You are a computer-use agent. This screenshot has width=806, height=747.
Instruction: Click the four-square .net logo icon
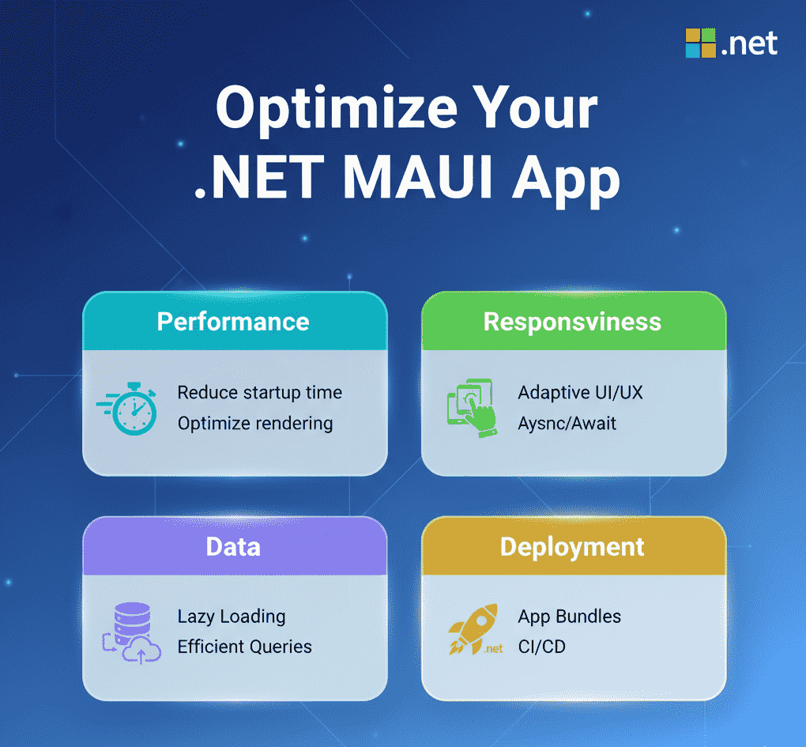[x=701, y=43]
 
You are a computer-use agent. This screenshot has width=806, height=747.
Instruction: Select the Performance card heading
[x=233, y=322]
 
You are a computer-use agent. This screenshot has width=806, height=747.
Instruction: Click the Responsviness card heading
[x=572, y=323]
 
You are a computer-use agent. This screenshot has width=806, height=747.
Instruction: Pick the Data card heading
[x=233, y=546]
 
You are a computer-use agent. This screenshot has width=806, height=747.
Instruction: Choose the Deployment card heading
[x=572, y=547]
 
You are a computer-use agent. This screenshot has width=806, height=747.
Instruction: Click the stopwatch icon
[x=127, y=408]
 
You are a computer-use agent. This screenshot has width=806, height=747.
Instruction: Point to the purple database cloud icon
[x=132, y=633]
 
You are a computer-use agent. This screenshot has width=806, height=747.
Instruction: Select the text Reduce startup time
[x=260, y=393]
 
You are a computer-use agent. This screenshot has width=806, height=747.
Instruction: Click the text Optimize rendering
[x=255, y=424]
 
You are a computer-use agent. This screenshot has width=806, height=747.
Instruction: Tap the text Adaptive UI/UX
[x=580, y=393]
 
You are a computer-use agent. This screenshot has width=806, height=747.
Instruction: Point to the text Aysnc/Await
[x=567, y=424]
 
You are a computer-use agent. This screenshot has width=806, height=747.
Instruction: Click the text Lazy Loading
[x=232, y=617]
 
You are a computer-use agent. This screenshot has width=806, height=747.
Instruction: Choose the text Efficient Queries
[x=245, y=647]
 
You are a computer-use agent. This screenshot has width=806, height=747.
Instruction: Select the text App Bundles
[x=570, y=617]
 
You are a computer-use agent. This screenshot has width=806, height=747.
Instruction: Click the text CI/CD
[x=542, y=647]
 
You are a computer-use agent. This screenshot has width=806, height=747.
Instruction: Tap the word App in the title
[x=566, y=182]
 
